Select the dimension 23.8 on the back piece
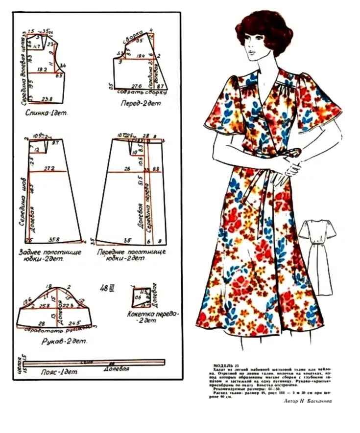[x=48, y=99]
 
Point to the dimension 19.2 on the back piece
[x=41, y=70]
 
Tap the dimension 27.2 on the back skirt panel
[x=48, y=168]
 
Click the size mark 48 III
[x=106, y=288]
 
